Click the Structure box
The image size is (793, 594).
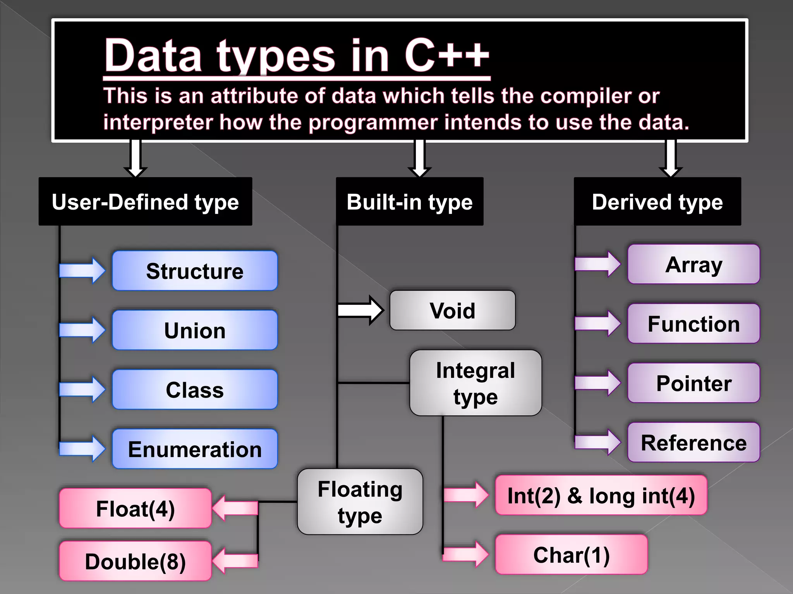[195, 271]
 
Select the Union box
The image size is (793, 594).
[195, 330]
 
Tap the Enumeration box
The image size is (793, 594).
[195, 449]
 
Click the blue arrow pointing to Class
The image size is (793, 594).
[82, 389]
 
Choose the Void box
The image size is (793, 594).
[452, 311]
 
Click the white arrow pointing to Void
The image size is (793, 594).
[360, 310]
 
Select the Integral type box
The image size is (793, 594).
[475, 383]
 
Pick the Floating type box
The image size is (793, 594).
[360, 502]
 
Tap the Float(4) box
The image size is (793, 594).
[135, 508]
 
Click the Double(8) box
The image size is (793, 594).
[135, 561]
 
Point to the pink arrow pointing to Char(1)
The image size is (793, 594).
[466, 555]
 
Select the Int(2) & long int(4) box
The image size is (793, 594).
[601, 495]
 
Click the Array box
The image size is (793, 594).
[693, 265]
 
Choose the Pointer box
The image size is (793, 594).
[693, 383]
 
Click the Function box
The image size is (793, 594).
[693, 324]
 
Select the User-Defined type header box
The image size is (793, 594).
[145, 201]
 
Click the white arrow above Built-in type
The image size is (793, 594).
[420, 159]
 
